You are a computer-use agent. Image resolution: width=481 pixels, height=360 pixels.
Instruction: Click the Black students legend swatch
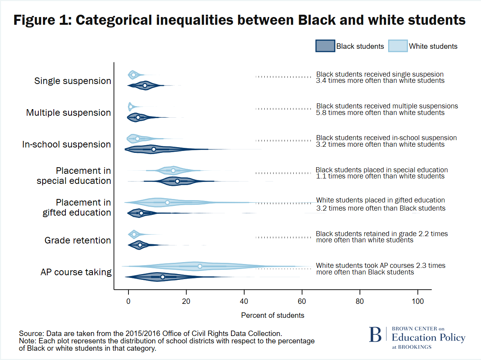coord(325,46)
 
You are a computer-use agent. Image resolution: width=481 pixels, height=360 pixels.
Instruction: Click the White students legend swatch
coord(398,46)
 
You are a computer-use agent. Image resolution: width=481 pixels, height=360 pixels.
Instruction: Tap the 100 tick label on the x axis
coord(418,302)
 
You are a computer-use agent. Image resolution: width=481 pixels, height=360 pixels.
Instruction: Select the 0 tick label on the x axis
coord(128,302)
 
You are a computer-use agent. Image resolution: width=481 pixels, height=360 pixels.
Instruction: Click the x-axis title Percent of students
coord(272,315)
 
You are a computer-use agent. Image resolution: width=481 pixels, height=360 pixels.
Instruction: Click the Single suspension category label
coord(73,81)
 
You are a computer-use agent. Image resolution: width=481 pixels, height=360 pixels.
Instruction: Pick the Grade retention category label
coord(78,240)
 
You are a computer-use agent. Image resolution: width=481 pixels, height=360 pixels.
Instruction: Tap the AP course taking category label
coord(76,272)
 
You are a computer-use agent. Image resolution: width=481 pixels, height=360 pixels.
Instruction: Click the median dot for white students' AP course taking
coord(200,266)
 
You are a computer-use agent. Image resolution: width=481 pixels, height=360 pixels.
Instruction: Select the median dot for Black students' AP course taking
coord(163,277)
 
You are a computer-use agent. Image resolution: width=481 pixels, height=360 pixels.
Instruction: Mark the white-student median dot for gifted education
coord(167,202)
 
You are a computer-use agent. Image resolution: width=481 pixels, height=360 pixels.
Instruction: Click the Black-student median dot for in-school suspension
coord(154,149)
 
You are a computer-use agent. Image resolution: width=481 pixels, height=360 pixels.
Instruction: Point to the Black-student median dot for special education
coord(177,181)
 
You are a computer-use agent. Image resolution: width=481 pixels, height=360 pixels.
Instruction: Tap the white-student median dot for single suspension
coord(134,75)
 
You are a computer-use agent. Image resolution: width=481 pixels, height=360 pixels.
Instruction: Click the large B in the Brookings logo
coord(375,335)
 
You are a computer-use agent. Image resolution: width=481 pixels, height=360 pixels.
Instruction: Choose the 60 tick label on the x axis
coord(302,302)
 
